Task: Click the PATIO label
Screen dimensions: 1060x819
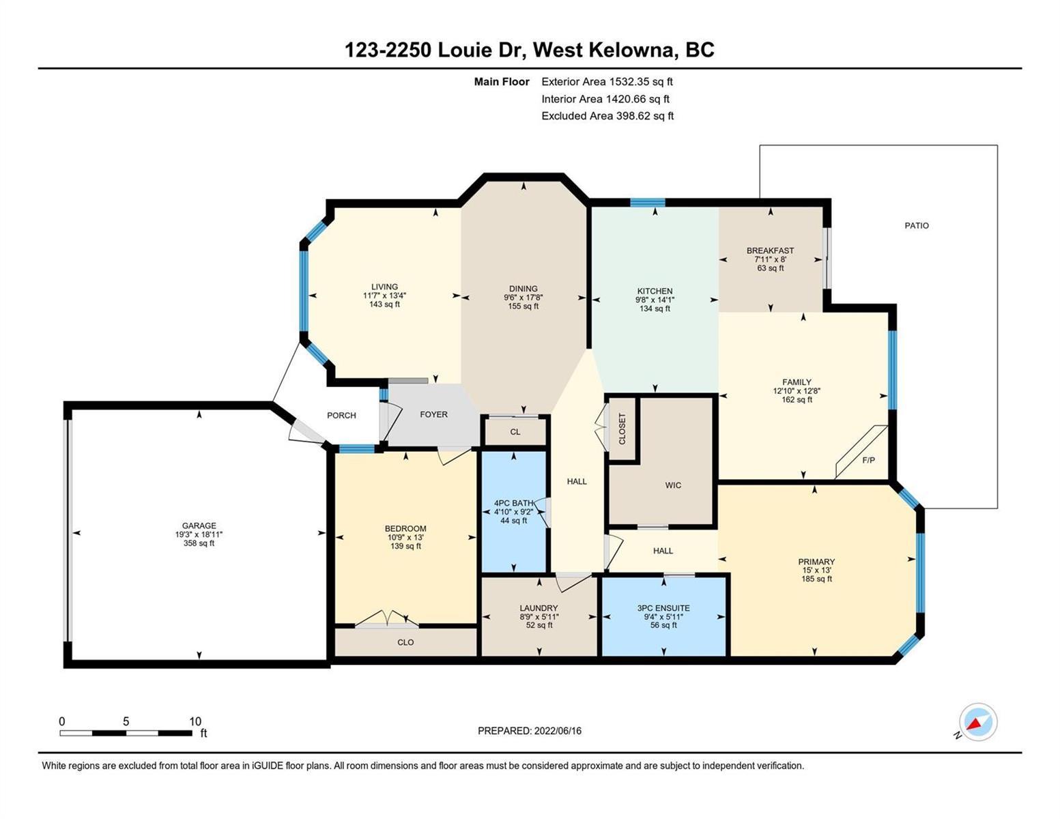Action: [x=916, y=225]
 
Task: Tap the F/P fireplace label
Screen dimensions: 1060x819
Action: [x=868, y=459]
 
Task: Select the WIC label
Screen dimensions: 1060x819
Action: [x=673, y=485]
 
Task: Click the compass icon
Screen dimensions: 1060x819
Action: [x=978, y=722]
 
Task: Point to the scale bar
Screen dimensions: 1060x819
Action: [x=126, y=732]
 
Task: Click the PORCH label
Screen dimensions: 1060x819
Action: [x=341, y=415]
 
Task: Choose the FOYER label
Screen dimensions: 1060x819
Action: [x=433, y=414]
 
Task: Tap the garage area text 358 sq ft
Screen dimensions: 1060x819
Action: [x=199, y=543]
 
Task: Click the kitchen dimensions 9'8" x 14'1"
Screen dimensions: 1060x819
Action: [x=655, y=300]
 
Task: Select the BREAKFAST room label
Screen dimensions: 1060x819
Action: [x=770, y=250]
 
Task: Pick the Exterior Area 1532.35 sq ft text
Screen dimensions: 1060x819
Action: [x=607, y=81]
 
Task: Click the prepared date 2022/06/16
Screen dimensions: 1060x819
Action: [x=558, y=731]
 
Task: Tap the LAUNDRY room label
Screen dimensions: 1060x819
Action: [x=539, y=608]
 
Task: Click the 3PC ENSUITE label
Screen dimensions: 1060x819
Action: [x=663, y=608]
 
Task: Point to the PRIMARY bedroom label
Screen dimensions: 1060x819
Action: [x=816, y=562]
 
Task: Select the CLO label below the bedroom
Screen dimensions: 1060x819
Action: [x=405, y=642]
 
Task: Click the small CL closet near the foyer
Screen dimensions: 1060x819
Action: [x=515, y=432]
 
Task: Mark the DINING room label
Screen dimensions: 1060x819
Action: [x=523, y=288]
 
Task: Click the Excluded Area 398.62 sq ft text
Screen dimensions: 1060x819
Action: [x=607, y=115]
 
